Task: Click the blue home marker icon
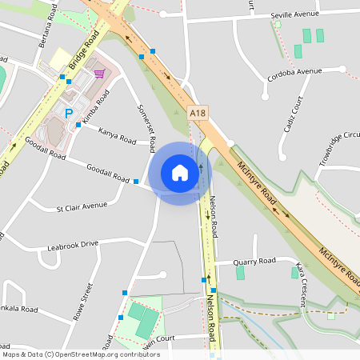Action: point(180,173)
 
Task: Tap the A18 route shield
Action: point(198,114)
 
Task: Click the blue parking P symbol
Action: point(68,114)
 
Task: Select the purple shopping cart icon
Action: point(99,74)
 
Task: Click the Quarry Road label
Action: point(254,261)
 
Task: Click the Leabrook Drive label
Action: point(72,243)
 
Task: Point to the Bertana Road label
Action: point(47,28)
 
